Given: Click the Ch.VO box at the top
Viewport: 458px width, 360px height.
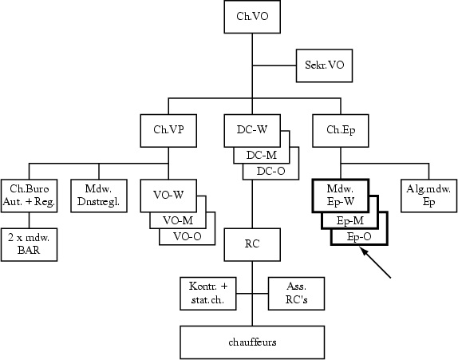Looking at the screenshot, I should tap(252, 16).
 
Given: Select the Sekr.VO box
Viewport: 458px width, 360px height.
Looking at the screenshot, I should tap(323, 64).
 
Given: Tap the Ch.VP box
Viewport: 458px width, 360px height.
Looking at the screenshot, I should tap(168, 129).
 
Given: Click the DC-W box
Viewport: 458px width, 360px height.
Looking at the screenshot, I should tap(252, 129).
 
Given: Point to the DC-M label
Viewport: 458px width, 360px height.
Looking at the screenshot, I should tap(261, 155).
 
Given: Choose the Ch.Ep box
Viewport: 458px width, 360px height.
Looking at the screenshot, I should tap(335, 129).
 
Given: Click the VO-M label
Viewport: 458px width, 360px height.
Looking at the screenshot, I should tap(177, 220).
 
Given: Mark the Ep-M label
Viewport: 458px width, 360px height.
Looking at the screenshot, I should tap(349, 220).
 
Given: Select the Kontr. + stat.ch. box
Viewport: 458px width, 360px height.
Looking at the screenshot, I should tap(207, 292).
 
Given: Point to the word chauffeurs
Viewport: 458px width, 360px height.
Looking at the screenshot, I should tap(252, 342).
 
